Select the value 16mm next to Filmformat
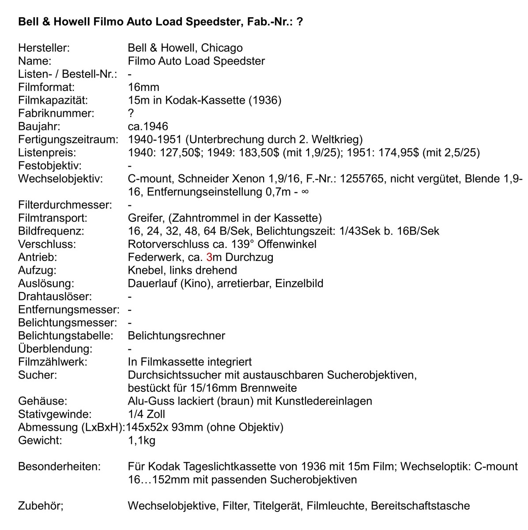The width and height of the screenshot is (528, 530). point(143,87)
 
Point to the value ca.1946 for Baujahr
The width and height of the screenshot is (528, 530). point(148,127)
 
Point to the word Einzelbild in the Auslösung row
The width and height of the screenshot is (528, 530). point(299,283)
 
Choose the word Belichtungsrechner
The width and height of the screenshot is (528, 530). point(176,336)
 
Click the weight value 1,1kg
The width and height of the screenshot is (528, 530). point(141,440)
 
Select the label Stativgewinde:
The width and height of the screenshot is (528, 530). point(55,414)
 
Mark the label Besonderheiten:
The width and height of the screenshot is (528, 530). point(59,466)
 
